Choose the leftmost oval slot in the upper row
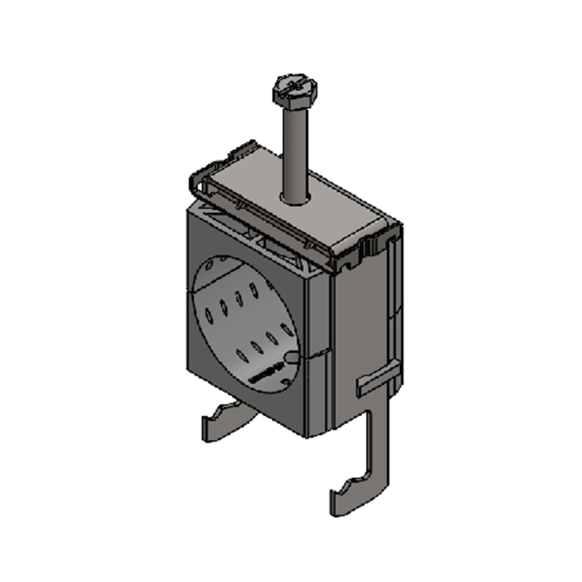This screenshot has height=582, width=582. (x=210, y=315)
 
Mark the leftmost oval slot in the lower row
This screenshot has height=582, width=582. (x=241, y=356)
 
